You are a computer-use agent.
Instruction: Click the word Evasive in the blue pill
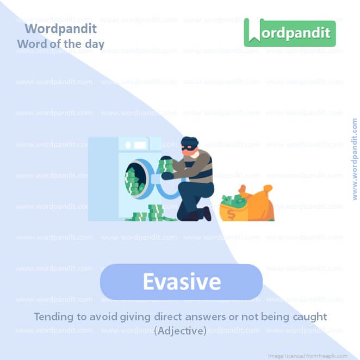(181, 282)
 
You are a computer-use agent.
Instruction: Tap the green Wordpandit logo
(289, 33)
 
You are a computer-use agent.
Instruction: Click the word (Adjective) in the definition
(180, 330)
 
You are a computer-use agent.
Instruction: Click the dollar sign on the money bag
(231, 214)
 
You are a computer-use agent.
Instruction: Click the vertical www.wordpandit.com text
(355, 159)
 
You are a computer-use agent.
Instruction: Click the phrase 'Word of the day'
(60, 44)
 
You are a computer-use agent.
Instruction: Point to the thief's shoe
(207, 213)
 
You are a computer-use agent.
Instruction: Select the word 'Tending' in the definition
(53, 316)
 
